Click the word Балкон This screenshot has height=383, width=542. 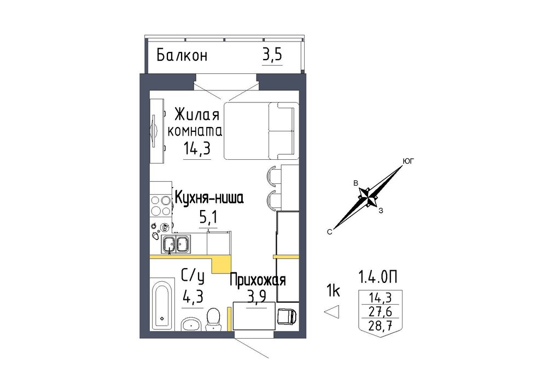coord(182,55)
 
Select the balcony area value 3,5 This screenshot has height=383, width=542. coord(272,55)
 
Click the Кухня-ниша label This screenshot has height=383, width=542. coord(209,198)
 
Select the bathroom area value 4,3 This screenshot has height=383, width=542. coord(193,296)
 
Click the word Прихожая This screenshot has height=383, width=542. coord(258,280)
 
